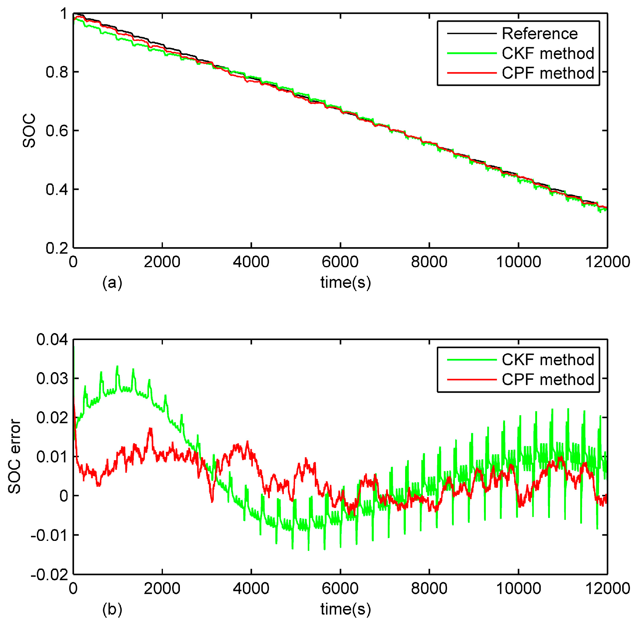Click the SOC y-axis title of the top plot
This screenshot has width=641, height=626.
tap(29, 130)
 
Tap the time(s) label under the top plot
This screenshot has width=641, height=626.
tap(345, 283)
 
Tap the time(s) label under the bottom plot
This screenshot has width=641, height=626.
tap(345, 609)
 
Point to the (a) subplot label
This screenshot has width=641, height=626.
tap(112, 283)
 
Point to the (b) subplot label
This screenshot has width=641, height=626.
tap(112, 609)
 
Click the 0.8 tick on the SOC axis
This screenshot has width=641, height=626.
tap(57, 72)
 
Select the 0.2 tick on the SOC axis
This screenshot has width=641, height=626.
tap(57, 248)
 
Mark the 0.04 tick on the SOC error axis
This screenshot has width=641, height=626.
tap(52, 340)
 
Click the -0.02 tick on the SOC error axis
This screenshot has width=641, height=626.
tap(49, 575)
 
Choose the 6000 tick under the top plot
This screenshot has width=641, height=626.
tap(340, 262)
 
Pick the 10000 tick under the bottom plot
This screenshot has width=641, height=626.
tap(518, 588)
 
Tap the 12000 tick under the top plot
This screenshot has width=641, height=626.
tap(607, 262)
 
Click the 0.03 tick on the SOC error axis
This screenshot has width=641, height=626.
tap(52, 379)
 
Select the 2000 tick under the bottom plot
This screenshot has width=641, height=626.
tap(162, 588)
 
